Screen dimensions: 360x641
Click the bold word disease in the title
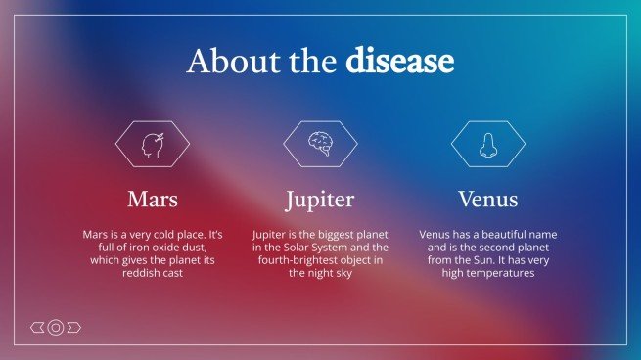[x=399, y=62]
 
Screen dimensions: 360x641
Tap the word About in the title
[x=223, y=62]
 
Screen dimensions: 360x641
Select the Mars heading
[x=153, y=200]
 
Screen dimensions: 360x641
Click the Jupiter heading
[x=320, y=200]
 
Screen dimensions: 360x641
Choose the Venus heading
[x=487, y=200]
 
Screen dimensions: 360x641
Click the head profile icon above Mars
[x=153, y=144]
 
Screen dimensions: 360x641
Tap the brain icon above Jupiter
[x=320, y=144]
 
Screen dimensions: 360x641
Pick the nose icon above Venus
[x=487, y=144]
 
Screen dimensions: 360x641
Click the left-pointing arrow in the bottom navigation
[x=37, y=327]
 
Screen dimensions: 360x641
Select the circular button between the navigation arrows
[x=56, y=327]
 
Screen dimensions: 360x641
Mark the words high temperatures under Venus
[x=487, y=274]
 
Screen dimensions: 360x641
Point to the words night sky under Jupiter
[x=329, y=274]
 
